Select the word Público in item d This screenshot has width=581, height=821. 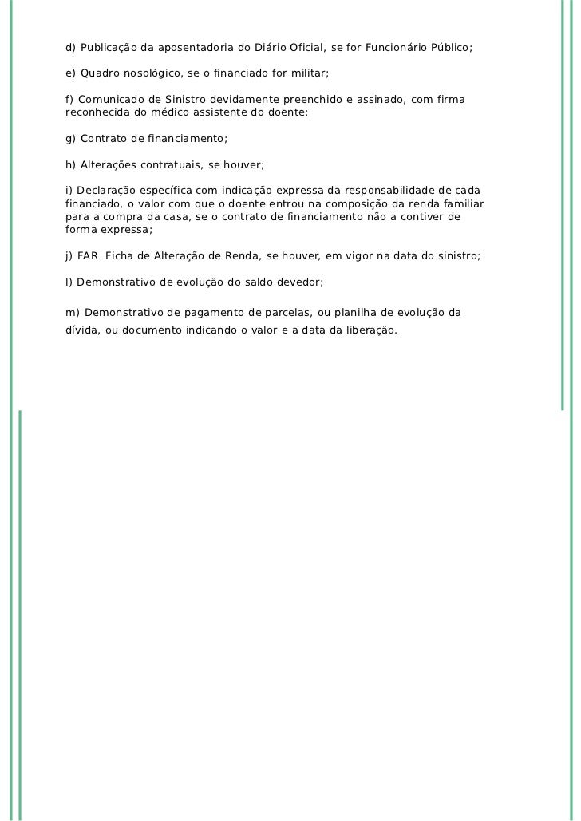(452, 48)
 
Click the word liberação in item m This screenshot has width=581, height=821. (366, 330)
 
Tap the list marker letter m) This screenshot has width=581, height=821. (72, 311)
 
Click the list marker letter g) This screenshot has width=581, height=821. (71, 139)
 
